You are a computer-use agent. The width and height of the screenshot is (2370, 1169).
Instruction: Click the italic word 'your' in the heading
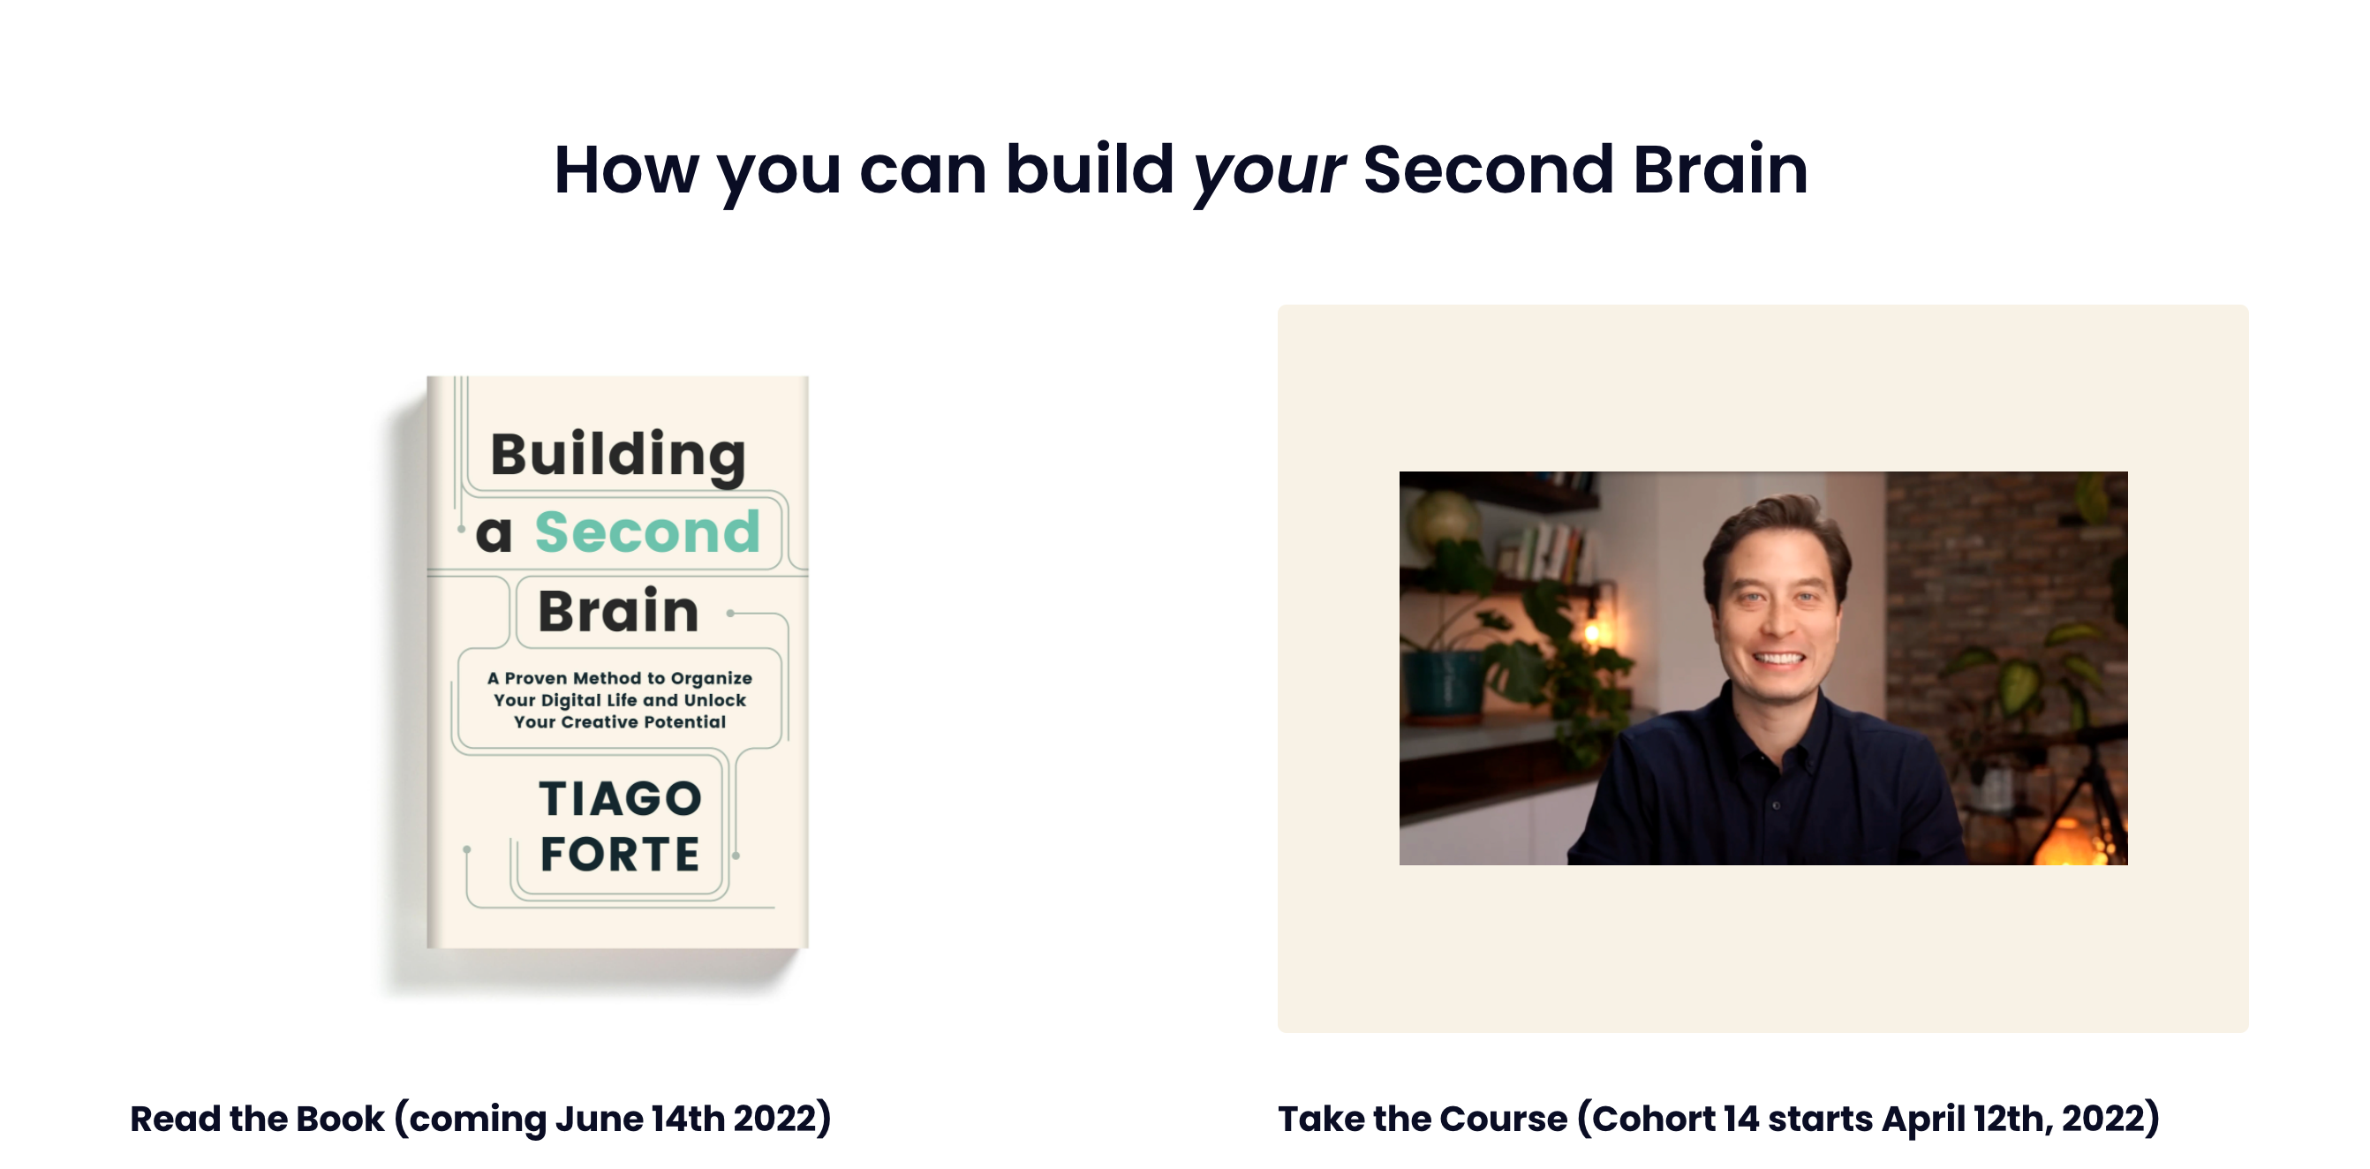pyautogui.click(x=1268, y=172)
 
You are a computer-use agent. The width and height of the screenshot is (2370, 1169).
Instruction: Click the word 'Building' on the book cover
pyautogui.click(x=617, y=456)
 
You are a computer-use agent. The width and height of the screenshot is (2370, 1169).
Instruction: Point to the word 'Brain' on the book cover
pyautogui.click(x=618, y=611)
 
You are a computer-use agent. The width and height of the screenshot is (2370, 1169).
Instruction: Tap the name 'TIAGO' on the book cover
pyautogui.click(x=619, y=798)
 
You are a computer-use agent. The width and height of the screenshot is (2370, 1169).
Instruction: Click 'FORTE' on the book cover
pyautogui.click(x=619, y=854)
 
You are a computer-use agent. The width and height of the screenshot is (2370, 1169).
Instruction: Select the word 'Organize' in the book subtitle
pyautogui.click(x=711, y=679)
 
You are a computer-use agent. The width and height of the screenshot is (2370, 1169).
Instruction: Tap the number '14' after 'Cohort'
pyautogui.click(x=1741, y=1119)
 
